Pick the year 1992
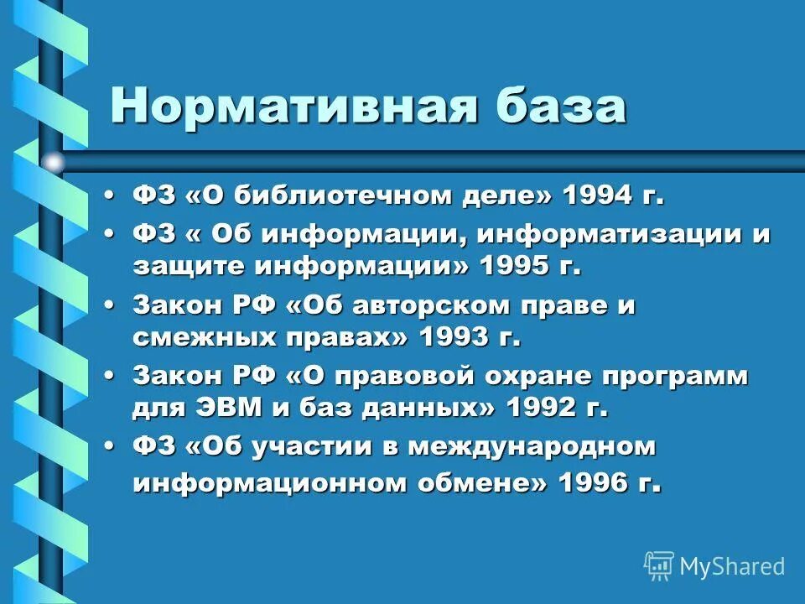pyautogui.click(x=543, y=409)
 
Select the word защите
pyautogui.click(x=188, y=267)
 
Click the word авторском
pyautogui.click(x=437, y=305)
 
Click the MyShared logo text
pyautogui.click(x=732, y=566)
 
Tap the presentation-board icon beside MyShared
pyautogui.click(x=659, y=566)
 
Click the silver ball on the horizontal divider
pyautogui.click(x=54, y=162)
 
